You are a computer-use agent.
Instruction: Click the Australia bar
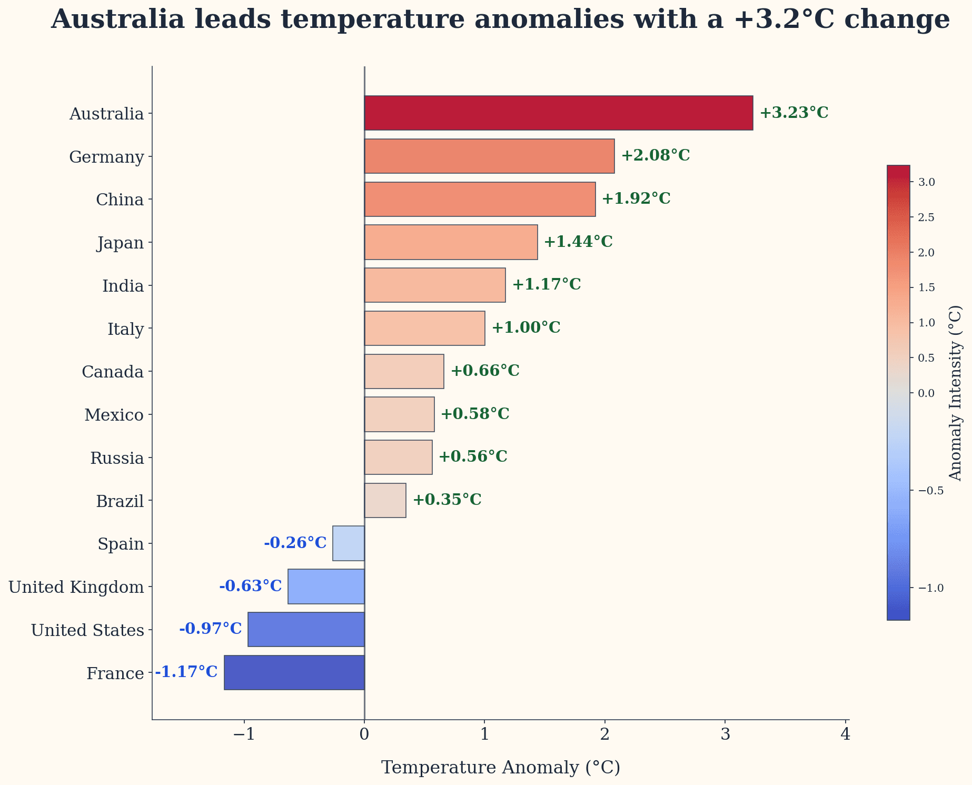tap(558, 113)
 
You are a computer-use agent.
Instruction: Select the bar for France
tap(294, 672)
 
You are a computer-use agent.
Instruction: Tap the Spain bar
tap(348, 543)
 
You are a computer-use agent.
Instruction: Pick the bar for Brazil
tap(385, 500)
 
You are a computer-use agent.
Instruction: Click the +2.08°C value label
tap(655, 156)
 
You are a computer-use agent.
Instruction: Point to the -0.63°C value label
tap(251, 586)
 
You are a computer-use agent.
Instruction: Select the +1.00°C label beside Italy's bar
tap(525, 328)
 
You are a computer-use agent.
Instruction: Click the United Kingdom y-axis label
tap(76, 587)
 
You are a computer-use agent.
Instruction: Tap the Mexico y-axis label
tap(114, 415)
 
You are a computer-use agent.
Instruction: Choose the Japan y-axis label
tap(120, 243)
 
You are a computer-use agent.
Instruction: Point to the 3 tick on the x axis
tap(725, 734)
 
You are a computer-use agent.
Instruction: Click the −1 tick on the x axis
tap(244, 734)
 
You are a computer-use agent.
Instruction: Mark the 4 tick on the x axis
tap(845, 734)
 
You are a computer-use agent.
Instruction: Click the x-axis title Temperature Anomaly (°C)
tap(500, 768)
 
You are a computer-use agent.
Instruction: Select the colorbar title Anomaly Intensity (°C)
tap(955, 393)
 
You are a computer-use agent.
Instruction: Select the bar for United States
tap(306, 629)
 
